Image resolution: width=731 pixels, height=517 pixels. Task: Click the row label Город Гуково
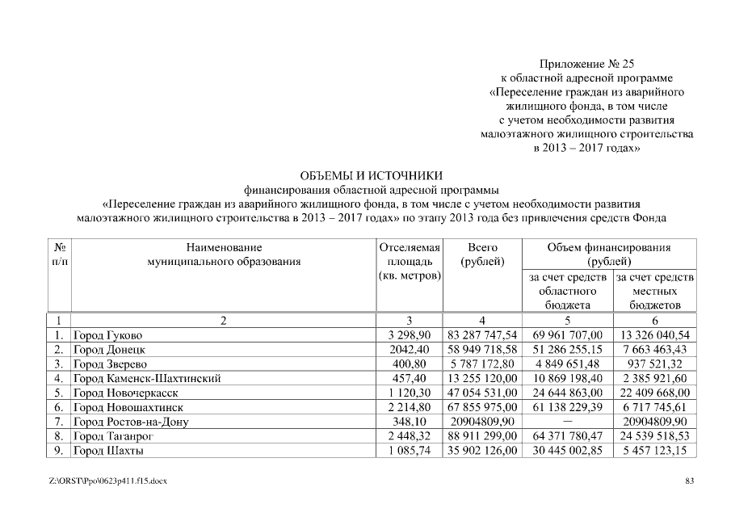tap(108, 334)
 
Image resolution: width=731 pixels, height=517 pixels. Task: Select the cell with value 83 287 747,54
tap(482, 334)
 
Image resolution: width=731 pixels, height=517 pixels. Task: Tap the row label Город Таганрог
tap(113, 436)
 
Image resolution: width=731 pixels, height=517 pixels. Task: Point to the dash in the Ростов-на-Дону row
tap(568, 422)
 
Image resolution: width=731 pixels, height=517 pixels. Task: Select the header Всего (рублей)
tap(482, 254)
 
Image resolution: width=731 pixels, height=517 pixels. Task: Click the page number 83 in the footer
tap(690, 481)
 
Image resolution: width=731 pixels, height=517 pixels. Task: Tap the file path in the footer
tap(108, 481)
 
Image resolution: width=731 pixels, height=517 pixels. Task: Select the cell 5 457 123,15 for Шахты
tap(654, 451)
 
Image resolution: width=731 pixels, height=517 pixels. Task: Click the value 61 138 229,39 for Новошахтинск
tap(568, 407)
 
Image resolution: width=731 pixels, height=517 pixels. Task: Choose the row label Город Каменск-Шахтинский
tap(147, 378)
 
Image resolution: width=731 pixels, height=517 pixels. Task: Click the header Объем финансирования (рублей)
tap(609, 254)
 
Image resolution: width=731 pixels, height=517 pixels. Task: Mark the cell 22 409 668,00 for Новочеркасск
tap(654, 393)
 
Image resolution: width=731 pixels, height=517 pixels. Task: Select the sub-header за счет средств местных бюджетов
tap(654, 291)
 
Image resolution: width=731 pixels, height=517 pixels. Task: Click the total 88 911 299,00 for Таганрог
tap(482, 436)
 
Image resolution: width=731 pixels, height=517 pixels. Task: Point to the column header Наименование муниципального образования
tap(224, 254)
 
